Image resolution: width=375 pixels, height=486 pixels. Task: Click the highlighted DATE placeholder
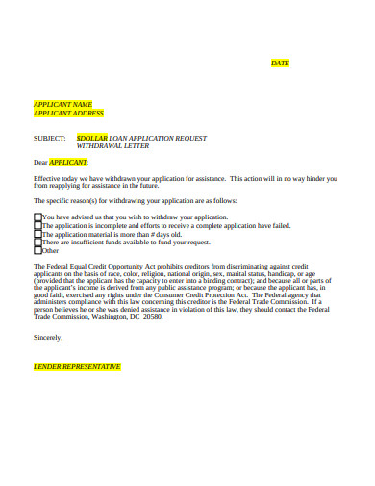pos(280,63)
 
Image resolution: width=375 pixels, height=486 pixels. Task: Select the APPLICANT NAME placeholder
pos(63,104)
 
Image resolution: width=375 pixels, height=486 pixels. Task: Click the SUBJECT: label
pos(50,137)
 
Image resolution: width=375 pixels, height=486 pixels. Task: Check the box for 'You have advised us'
pos(37,217)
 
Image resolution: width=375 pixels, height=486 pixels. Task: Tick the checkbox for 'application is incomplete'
pos(37,226)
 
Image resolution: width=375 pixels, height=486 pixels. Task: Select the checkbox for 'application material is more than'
pos(37,234)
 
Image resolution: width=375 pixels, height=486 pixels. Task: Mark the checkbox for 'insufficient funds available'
pos(37,243)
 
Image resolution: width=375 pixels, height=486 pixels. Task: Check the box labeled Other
pos(37,250)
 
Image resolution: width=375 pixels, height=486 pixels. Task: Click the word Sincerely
pos(48,338)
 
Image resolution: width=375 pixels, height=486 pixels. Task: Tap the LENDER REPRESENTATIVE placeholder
pos(77,367)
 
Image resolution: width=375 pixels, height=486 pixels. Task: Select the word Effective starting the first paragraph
pos(49,178)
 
